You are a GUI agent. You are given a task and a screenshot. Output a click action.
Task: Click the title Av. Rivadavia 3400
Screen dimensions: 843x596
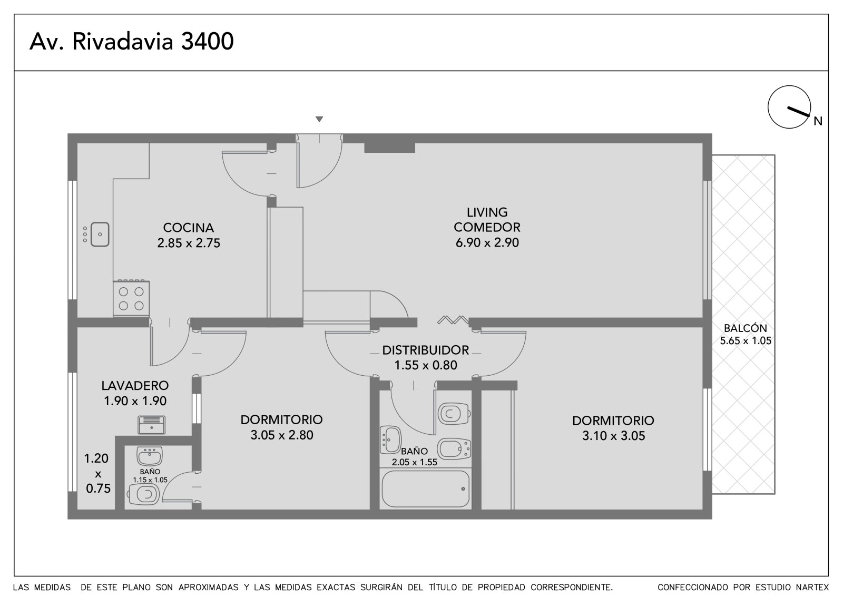coord(132,41)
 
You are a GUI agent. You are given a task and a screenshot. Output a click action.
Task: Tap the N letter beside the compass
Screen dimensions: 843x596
coord(818,121)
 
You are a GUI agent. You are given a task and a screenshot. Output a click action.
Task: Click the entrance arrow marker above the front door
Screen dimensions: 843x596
coord(319,119)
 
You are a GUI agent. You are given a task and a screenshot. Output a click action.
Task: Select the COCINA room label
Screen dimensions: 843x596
coord(188,228)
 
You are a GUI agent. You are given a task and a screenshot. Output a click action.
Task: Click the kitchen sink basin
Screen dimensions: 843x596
coord(100,234)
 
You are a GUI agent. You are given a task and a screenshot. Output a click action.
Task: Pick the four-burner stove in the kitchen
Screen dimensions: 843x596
coord(131,298)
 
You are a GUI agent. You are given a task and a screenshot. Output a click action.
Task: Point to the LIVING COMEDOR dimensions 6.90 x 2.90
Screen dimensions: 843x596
coord(487,242)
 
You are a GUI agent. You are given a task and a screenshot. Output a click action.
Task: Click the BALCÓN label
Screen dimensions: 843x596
coord(745,328)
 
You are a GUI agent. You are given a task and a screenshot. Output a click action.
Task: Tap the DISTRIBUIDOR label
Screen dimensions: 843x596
coord(425,350)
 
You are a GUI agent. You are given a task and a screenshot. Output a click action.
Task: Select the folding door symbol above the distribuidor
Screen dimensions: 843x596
coord(453,320)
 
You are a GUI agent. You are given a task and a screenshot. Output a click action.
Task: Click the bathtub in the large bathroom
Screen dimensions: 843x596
coord(425,488)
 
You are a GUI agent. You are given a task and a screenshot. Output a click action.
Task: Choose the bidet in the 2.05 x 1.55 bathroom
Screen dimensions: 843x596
coord(454,448)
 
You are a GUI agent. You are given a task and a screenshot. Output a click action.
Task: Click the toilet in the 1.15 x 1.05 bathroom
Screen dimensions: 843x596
coord(144,494)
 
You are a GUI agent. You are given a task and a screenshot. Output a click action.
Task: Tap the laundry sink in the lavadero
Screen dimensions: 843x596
coord(151,425)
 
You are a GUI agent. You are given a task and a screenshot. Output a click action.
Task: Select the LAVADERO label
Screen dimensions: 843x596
coord(135,386)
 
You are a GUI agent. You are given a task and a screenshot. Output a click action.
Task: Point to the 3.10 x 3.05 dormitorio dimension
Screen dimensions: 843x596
coord(613,436)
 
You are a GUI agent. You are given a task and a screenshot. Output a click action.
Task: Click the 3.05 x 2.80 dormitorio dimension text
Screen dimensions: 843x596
coord(282,435)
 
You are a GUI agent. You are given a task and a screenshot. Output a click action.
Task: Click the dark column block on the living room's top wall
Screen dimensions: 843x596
coord(389,148)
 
